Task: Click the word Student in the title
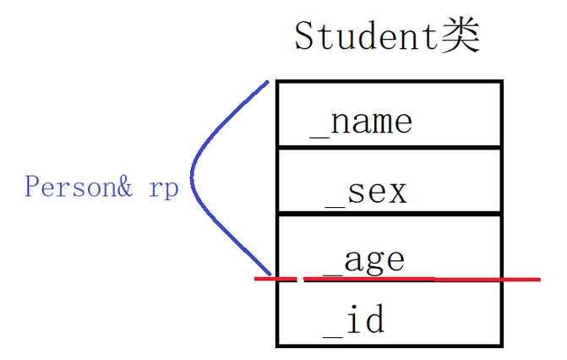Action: tap(366, 35)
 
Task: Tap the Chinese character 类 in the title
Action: tap(461, 35)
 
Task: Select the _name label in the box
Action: tap(361, 122)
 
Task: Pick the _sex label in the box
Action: tap(367, 192)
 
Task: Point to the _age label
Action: tap(363, 259)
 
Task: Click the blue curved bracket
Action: tap(194, 177)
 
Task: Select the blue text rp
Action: tap(163, 188)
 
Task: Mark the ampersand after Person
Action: tap(124, 186)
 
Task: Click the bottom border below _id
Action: tap(389, 345)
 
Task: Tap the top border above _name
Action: tap(389, 81)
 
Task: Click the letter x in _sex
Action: tap(396, 193)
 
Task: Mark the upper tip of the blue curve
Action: tap(266, 83)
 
